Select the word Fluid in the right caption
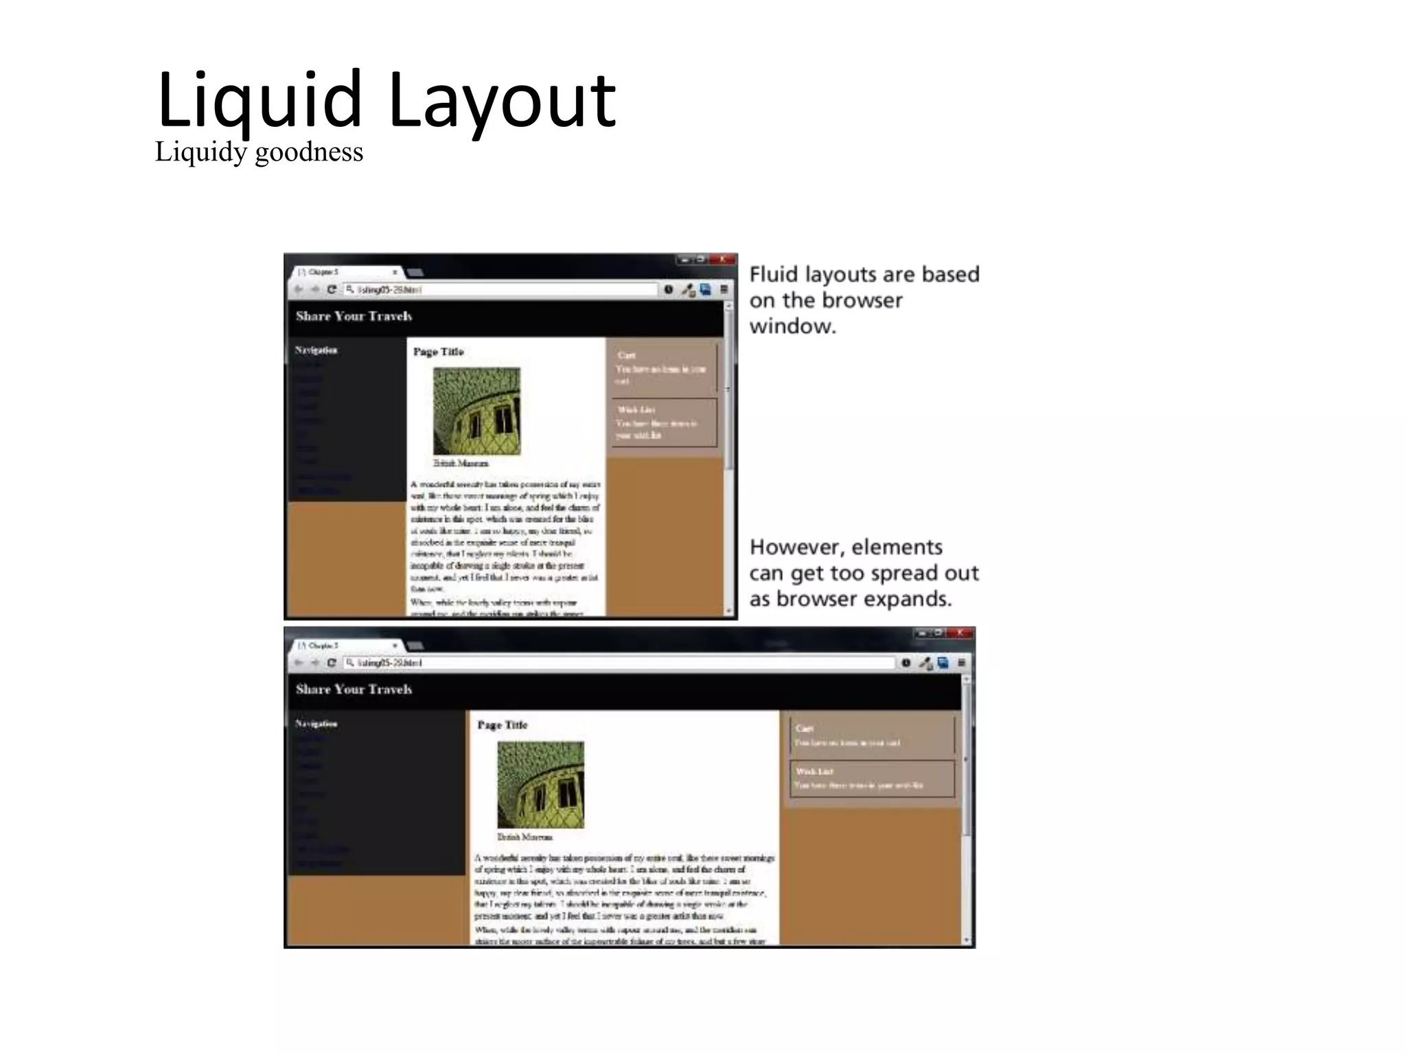tap(774, 274)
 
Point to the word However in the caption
tap(796, 547)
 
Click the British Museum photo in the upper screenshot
tap(476, 411)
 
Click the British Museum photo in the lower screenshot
tap(540, 784)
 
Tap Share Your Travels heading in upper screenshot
tap(354, 316)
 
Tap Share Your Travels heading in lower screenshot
tap(354, 690)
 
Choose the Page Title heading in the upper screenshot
tap(438, 352)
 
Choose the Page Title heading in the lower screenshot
tap(502, 725)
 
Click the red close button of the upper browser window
tap(722, 259)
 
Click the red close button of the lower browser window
tap(959, 633)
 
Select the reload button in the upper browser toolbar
tap(332, 290)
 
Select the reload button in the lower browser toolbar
tap(332, 663)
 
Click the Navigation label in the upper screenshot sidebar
tap(316, 350)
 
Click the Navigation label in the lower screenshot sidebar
tap(316, 724)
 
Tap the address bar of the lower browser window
tap(618, 663)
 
